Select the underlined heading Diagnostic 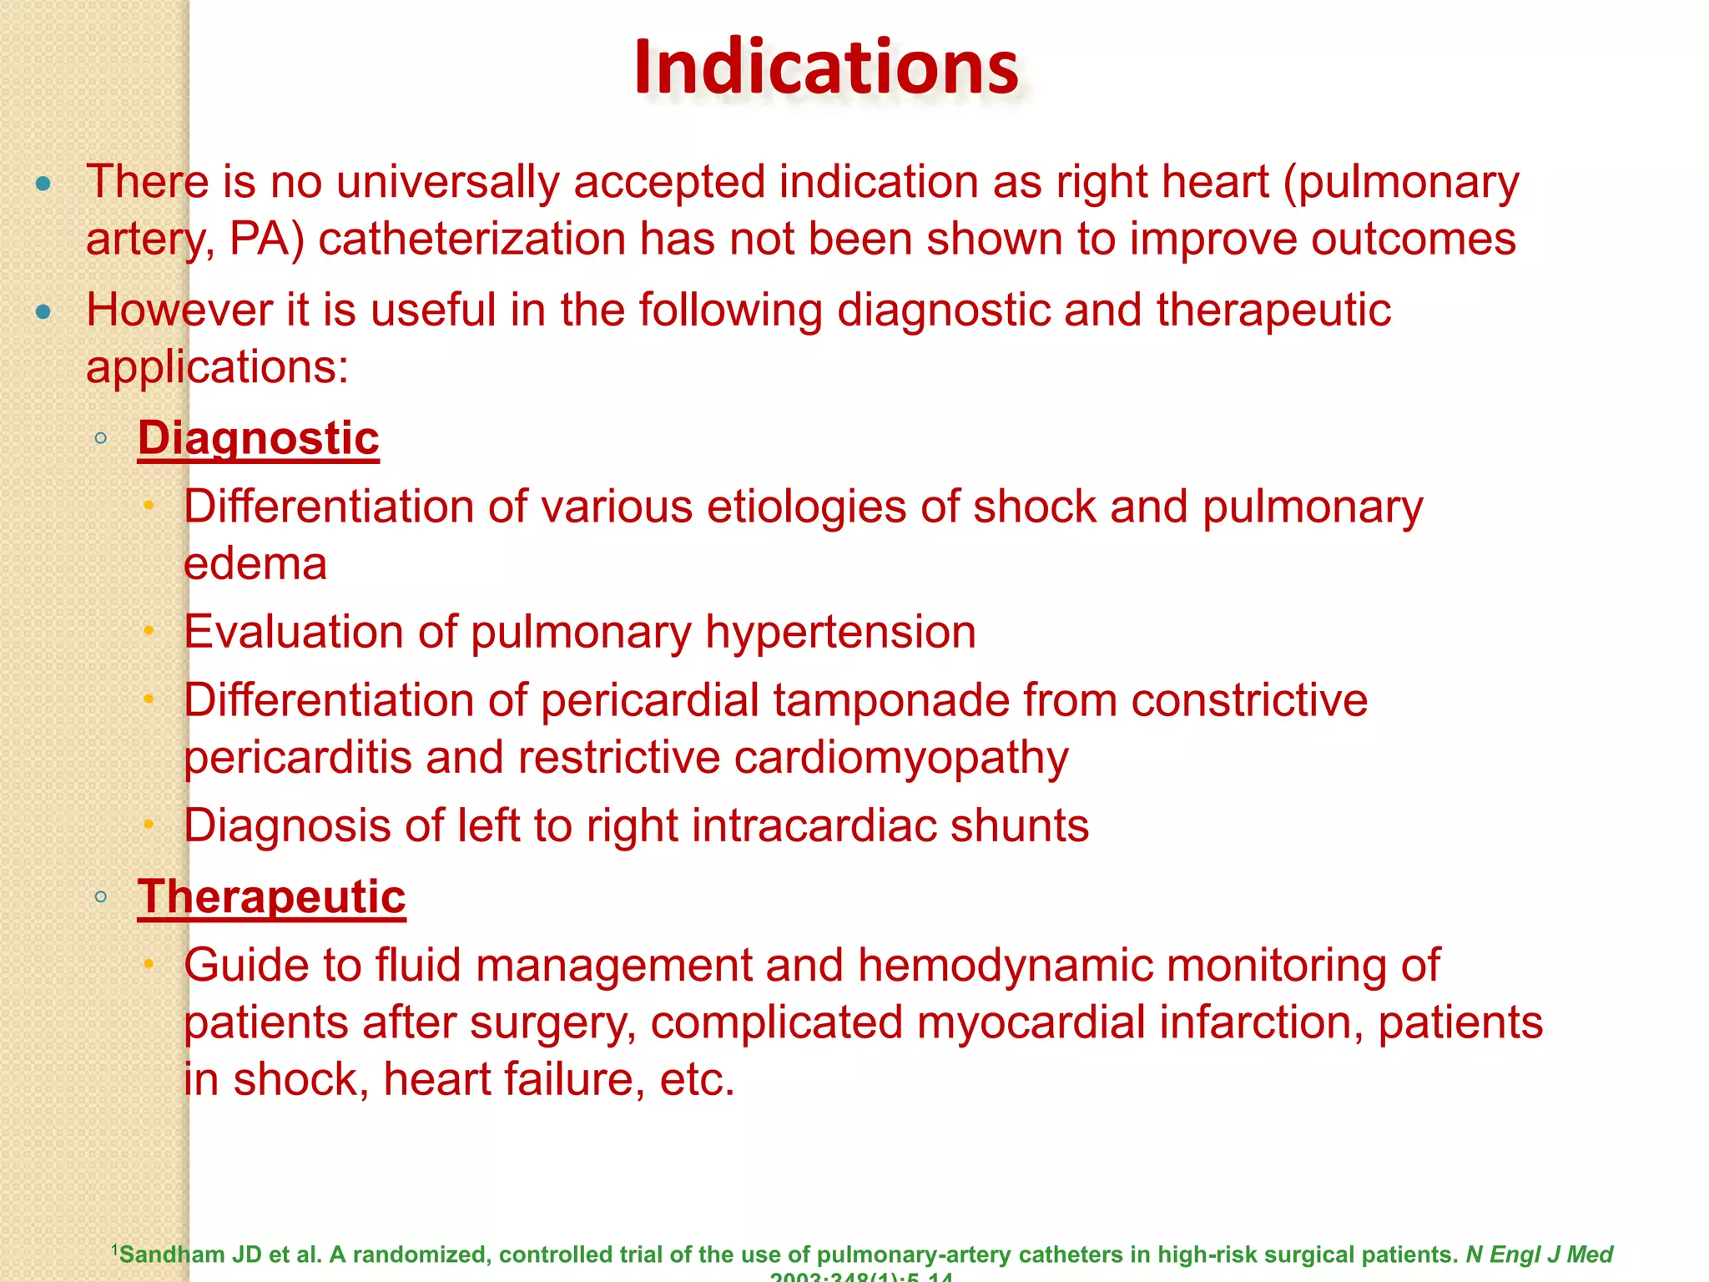tap(259, 438)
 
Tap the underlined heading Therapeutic tap(272, 897)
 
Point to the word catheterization tap(471, 240)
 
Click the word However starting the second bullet tap(179, 310)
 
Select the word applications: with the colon tap(217, 367)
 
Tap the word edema tap(255, 564)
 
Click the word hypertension tap(840, 632)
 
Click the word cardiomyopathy tap(901, 758)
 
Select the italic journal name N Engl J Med tap(1540, 1254)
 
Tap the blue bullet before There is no tap(43, 184)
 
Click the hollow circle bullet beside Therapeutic tap(101, 898)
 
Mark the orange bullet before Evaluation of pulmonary tap(149, 632)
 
